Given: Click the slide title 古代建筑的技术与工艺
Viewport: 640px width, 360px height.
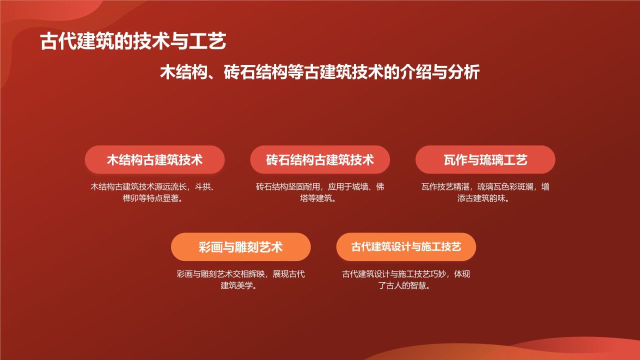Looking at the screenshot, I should click(x=133, y=42).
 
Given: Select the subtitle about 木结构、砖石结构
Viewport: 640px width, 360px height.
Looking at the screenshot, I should click(x=320, y=72).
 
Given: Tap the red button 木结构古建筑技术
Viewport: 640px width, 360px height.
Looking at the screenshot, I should click(x=154, y=160).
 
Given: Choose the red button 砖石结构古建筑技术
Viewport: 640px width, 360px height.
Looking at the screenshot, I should click(x=320, y=160).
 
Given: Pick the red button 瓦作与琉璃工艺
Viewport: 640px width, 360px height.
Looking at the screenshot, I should click(x=485, y=160).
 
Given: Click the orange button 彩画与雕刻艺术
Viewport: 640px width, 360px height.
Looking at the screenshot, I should click(x=240, y=247).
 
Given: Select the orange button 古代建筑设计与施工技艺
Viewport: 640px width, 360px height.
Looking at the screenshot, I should click(x=406, y=247).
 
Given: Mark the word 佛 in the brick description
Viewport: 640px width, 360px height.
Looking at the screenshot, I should click(x=380, y=187).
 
